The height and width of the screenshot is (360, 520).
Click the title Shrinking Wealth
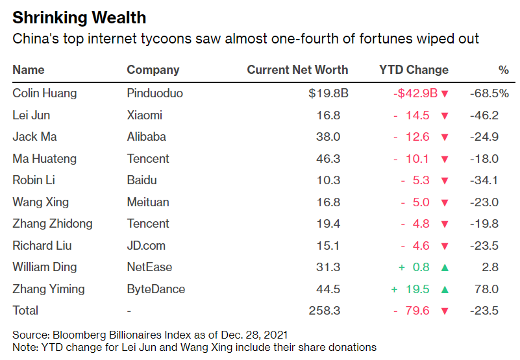coord(79,18)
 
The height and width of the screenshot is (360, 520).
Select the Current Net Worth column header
coord(297,70)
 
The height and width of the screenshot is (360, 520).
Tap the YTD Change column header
coord(414,70)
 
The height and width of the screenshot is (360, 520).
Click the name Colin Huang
coord(44,93)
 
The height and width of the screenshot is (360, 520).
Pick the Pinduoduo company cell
coord(155,93)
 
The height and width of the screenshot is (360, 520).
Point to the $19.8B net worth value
coord(328,93)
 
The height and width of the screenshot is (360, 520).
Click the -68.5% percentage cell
coord(489,93)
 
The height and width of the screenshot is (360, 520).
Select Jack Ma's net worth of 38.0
coord(328,137)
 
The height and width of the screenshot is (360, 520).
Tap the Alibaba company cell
coord(146,137)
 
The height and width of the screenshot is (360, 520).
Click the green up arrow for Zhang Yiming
coord(445,290)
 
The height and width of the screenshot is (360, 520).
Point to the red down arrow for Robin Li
coord(445,181)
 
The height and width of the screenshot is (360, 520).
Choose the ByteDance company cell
coord(156,289)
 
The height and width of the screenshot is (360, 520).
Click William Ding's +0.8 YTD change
coord(414,267)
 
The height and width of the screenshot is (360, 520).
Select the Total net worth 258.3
coord(325,311)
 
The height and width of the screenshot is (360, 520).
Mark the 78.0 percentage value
coord(486,289)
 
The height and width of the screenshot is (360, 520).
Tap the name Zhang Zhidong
coord(53,224)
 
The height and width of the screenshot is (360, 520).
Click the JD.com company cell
coord(146,246)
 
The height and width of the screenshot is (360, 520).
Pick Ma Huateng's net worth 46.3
coord(328,158)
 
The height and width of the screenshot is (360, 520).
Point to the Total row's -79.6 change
coord(412,311)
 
